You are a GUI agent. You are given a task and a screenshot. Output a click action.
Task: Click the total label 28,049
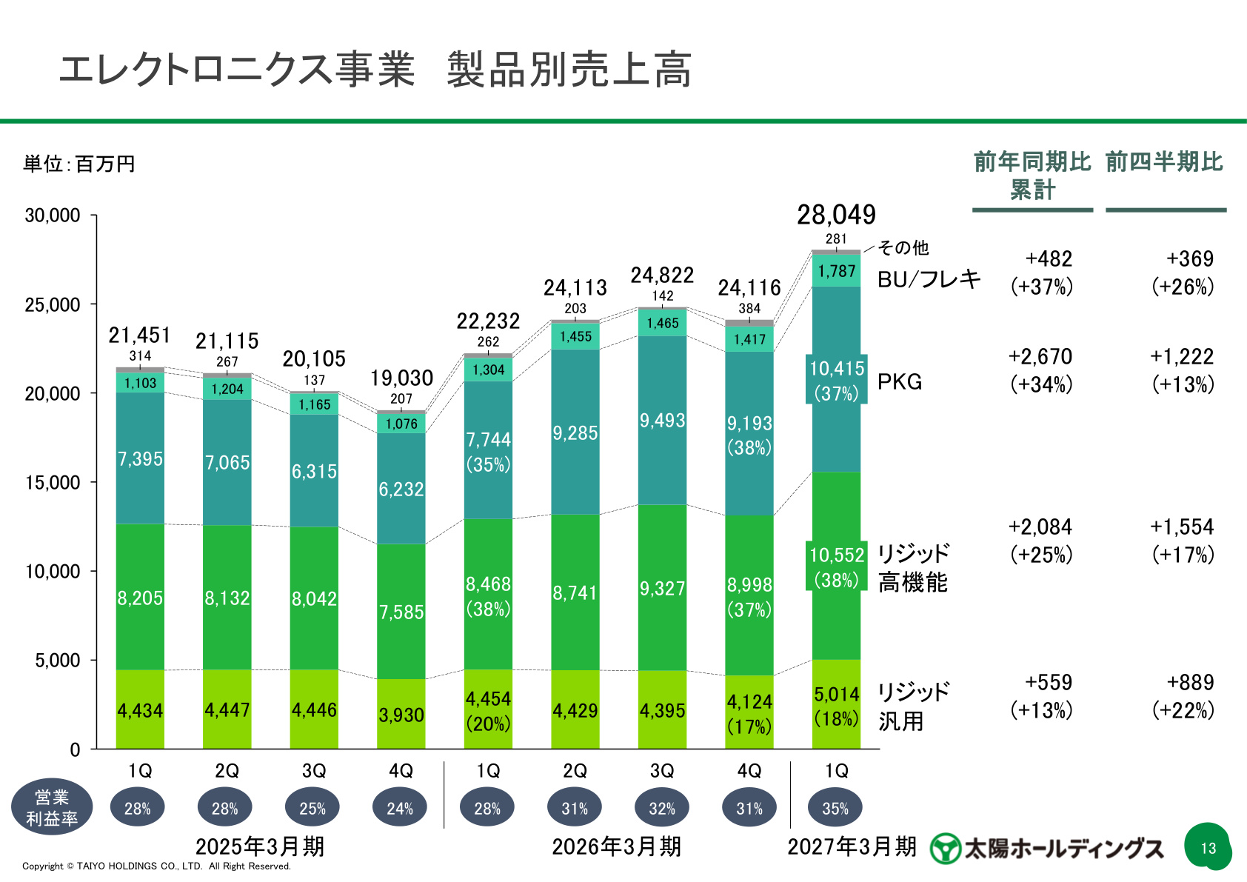click(836, 215)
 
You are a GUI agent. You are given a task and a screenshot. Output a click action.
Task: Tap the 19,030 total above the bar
click(401, 378)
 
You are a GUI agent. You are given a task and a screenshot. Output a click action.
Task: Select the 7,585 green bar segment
click(401, 612)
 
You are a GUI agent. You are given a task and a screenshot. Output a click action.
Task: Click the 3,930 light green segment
click(401, 714)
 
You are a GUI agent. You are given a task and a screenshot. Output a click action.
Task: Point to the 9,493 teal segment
click(662, 421)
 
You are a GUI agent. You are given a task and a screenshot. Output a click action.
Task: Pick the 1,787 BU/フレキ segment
click(836, 270)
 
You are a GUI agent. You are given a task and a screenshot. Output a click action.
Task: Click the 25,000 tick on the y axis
click(93, 304)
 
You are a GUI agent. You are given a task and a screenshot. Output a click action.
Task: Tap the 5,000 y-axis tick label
click(58, 661)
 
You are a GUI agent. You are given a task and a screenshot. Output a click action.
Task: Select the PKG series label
click(900, 382)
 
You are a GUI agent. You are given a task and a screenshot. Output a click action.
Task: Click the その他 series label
click(903, 247)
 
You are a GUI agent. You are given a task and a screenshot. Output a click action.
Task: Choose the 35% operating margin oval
click(835, 807)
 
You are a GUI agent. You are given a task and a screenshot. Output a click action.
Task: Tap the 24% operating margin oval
click(400, 807)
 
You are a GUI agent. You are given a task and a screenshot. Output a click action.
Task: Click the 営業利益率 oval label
click(52, 806)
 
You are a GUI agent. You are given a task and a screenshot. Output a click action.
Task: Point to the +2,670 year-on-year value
click(1040, 357)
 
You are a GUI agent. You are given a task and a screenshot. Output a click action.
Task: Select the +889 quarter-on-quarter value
click(1190, 682)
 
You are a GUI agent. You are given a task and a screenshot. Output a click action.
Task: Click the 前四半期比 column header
click(1164, 161)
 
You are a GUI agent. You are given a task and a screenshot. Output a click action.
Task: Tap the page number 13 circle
click(1207, 847)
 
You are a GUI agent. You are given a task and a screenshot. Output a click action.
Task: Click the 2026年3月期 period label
click(616, 846)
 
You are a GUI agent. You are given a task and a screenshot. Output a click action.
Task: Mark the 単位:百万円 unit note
click(79, 164)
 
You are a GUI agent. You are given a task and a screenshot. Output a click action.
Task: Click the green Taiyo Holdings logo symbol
click(946, 848)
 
